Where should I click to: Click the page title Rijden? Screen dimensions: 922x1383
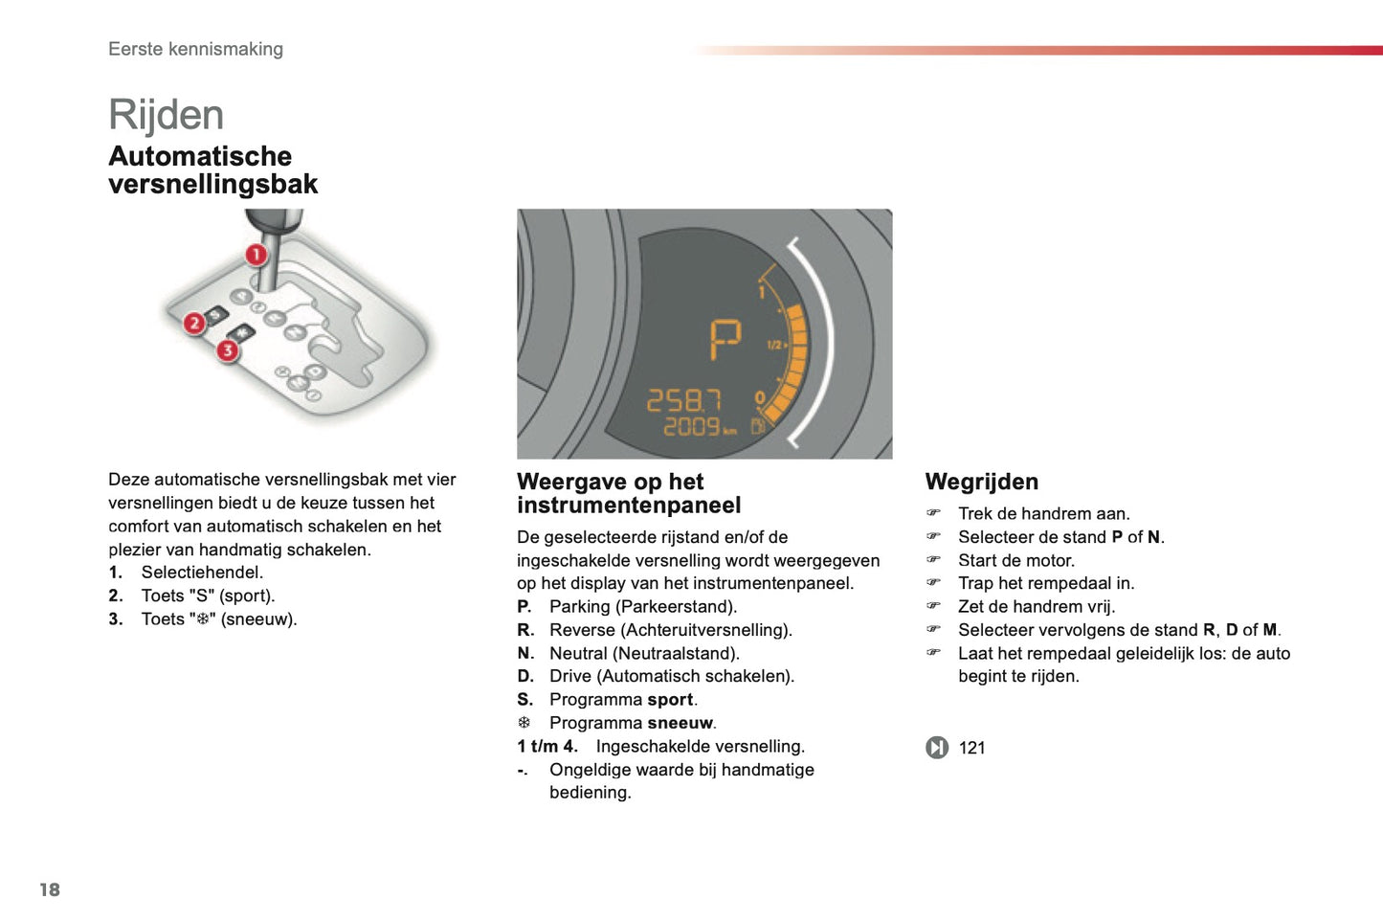[x=166, y=116]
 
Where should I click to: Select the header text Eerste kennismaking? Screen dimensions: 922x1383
[x=195, y=49]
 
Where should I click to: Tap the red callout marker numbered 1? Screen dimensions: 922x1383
[x=256, y=255]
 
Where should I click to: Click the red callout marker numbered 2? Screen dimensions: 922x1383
[x=194, y=323]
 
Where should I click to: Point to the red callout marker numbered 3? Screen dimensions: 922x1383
[x=228, y=350]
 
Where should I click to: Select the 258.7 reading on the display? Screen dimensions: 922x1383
[x=683, y=400]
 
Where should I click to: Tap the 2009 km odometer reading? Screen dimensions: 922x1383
[x=699, y=426]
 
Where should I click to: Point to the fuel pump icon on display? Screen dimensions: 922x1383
[x=757, y=425]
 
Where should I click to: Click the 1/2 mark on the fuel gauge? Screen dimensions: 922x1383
[x=775, y=345]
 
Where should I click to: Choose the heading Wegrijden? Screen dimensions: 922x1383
[x=981, y=482]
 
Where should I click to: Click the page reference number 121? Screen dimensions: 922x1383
[x=971, y=748]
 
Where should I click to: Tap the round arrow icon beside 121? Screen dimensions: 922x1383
[x=937, y=748]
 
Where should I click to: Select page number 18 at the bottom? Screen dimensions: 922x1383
[x=50, y=889]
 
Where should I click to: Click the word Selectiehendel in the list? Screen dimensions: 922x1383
[x=202, y=573]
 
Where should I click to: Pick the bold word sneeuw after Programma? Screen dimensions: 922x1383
[x=680, y=723]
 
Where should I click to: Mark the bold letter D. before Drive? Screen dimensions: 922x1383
[x=525, y=676]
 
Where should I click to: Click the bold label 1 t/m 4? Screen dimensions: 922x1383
[x=547, y=746]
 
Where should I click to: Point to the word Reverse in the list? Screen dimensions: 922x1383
[x=582, y=630]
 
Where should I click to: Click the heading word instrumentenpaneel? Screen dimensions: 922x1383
[x=629, y=506]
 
